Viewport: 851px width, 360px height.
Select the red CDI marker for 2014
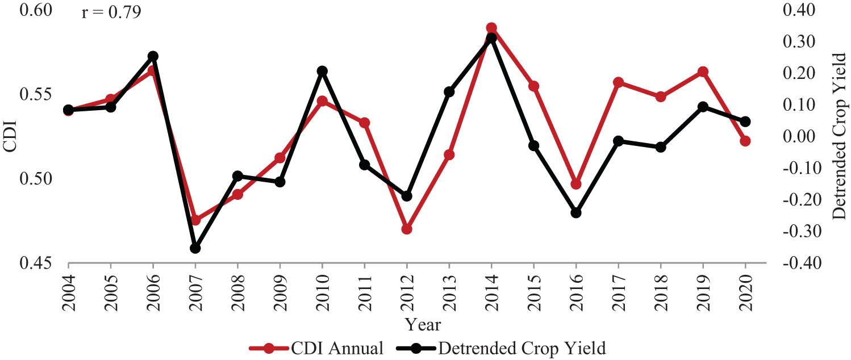pos(491,28)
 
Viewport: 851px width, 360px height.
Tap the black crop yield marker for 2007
pos(195,248)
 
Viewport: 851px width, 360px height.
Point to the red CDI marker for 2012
pos(407,229)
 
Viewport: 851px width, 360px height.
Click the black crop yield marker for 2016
pos(575,212)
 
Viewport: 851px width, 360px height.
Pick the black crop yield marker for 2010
pos(322,71)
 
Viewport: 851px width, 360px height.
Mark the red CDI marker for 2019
pos(703,72)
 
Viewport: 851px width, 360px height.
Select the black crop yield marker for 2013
pos(449,91)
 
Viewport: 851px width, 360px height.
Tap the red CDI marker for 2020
pos(745,141)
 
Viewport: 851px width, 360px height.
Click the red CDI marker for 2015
pos(533,86)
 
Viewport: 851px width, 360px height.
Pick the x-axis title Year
pos(423,325)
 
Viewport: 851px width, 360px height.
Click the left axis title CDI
pos(10,137)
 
